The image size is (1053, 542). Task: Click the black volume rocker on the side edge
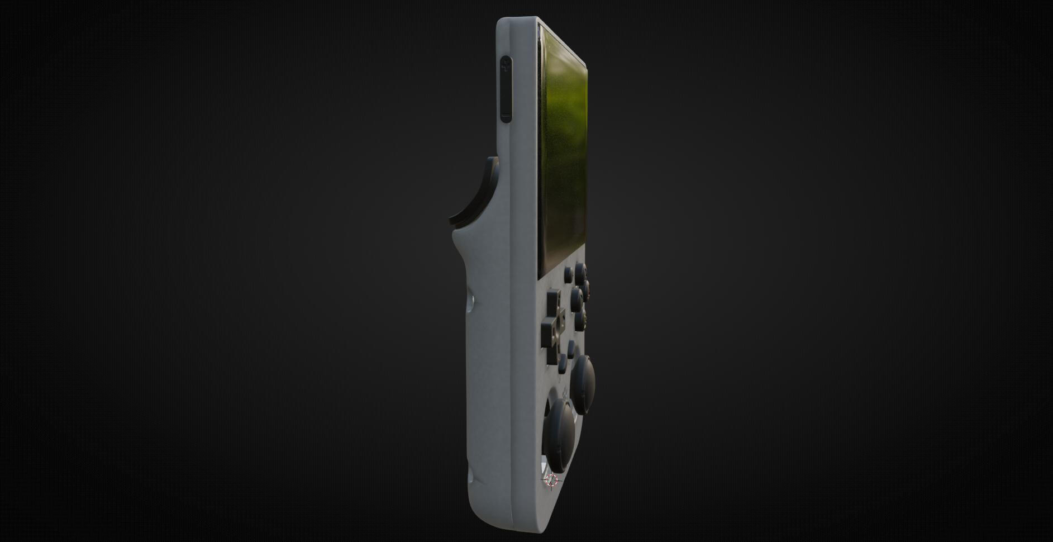click(x=505, y=89)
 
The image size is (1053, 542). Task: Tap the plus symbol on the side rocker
click(x=506, y=65)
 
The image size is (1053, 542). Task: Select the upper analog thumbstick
click(x=582, y=384)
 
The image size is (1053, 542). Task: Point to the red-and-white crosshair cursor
click(x=551, y=480)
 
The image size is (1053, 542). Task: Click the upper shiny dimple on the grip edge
click(x=470, y=304)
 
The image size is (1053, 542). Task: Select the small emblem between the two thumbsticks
click(x=565, y=394)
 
